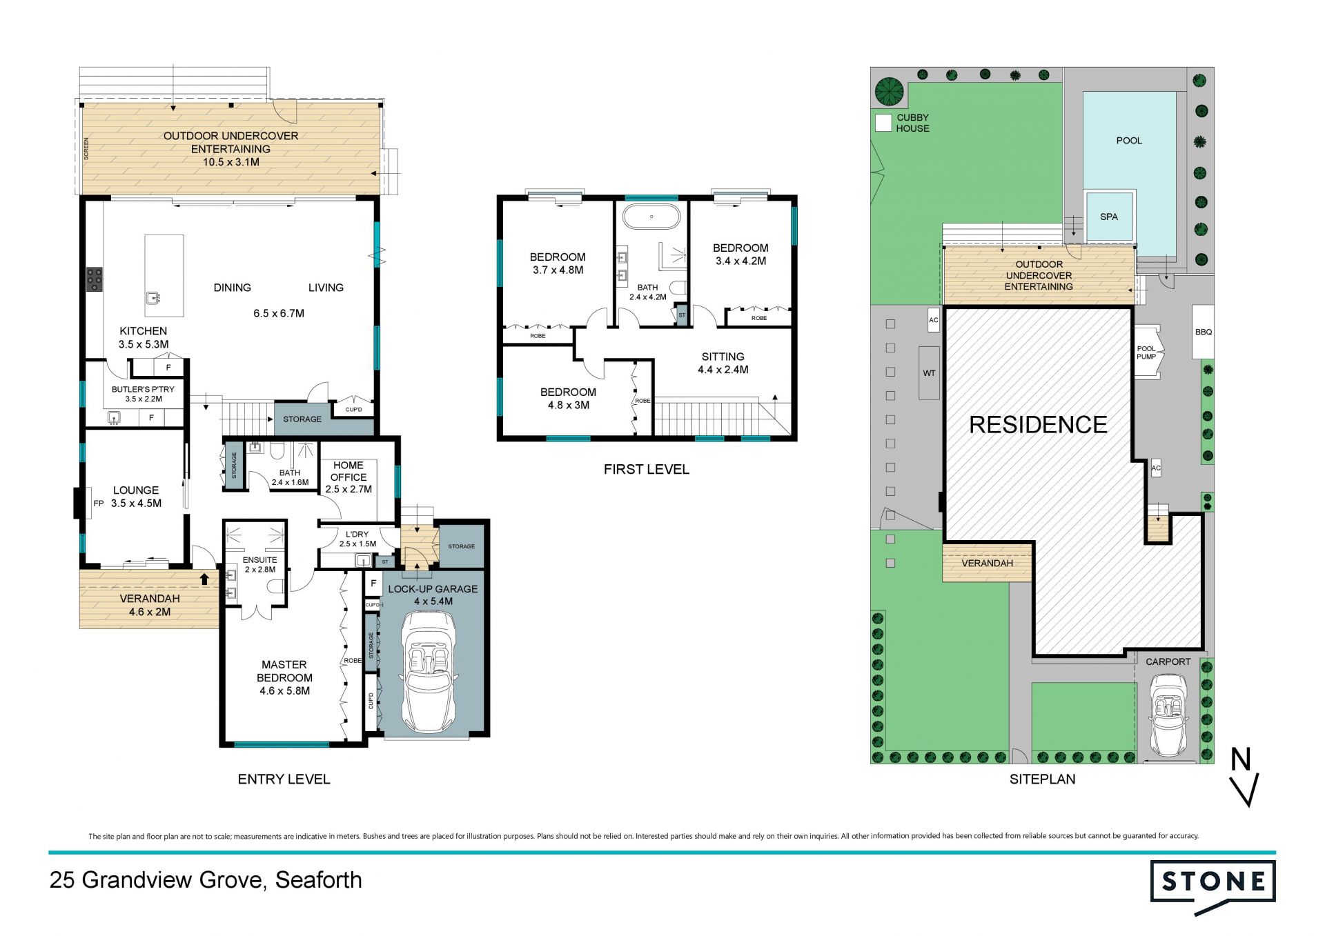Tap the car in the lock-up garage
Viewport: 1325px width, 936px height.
(428, 673)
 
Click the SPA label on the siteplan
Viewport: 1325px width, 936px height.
(1109, 217)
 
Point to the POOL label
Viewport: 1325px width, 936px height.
(1129, 141)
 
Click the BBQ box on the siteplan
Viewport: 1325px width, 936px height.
(1203, 332)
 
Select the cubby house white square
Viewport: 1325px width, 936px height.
(883, 123)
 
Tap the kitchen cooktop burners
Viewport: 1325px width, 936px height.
(94, 279)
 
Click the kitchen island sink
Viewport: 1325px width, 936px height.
(153, 298)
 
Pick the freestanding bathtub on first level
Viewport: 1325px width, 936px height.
(651, 217)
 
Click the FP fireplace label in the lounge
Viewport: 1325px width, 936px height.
(99, 504)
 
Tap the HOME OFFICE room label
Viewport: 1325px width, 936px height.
(349, 471)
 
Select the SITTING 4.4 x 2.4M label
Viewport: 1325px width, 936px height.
(723, 363)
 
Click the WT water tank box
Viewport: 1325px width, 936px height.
(929, 373)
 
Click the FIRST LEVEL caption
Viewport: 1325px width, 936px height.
(647, 470)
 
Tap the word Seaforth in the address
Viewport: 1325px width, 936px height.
(318, 880)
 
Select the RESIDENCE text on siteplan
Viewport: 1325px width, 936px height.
(1038, 425)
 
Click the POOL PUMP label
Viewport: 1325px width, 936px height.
(1146, 352)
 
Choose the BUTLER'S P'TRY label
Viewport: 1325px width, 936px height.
(143, 389)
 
